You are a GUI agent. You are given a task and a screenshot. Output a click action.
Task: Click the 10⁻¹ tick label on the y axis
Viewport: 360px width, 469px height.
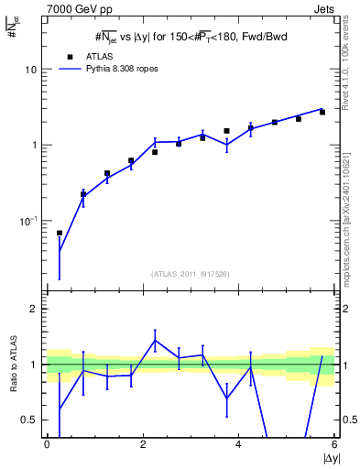[x=27, y=221]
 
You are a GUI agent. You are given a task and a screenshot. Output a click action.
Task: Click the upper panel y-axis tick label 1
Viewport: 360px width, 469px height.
[x=33, y=145]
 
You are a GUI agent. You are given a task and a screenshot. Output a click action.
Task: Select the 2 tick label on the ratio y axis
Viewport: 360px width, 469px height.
[x=33, y=310]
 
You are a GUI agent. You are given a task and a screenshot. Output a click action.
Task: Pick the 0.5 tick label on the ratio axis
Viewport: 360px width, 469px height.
[x=28, y=420]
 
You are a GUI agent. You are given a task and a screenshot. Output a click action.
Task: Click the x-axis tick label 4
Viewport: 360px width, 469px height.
[x=238, y=445]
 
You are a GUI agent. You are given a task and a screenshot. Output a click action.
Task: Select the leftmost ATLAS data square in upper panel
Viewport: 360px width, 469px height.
[x=60, y=233]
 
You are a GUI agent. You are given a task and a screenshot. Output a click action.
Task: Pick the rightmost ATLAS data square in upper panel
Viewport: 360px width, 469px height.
[x=322, y=112]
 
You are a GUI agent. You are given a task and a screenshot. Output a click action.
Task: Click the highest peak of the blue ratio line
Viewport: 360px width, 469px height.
[x=155, y=340]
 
